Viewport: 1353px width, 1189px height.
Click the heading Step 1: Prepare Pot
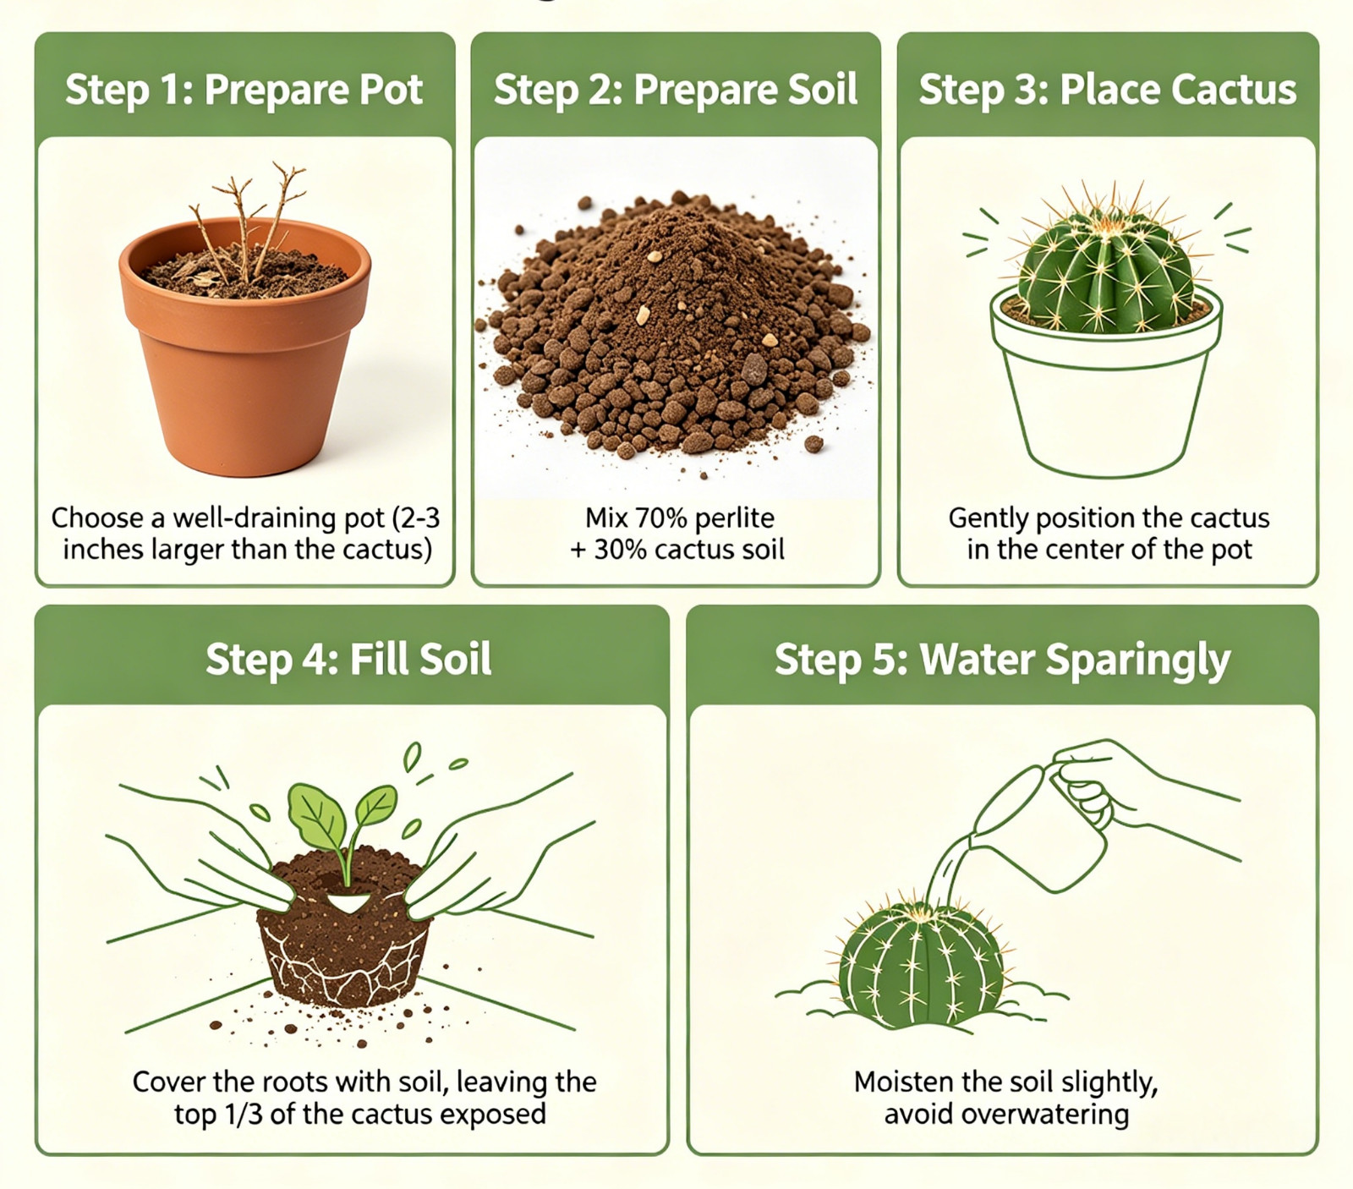pyautogui.click(x=244, y=90)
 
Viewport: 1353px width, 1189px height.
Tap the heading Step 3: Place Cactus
pyautogui.click(x=1108, y=90)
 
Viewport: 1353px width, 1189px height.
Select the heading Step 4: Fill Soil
pyautogui.click(x=348, y=659)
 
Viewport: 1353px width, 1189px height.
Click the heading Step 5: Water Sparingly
pyautogui.click(x=1002, y=660)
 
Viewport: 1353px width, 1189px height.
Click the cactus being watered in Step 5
pyautogui.click(x=918, y=964)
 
